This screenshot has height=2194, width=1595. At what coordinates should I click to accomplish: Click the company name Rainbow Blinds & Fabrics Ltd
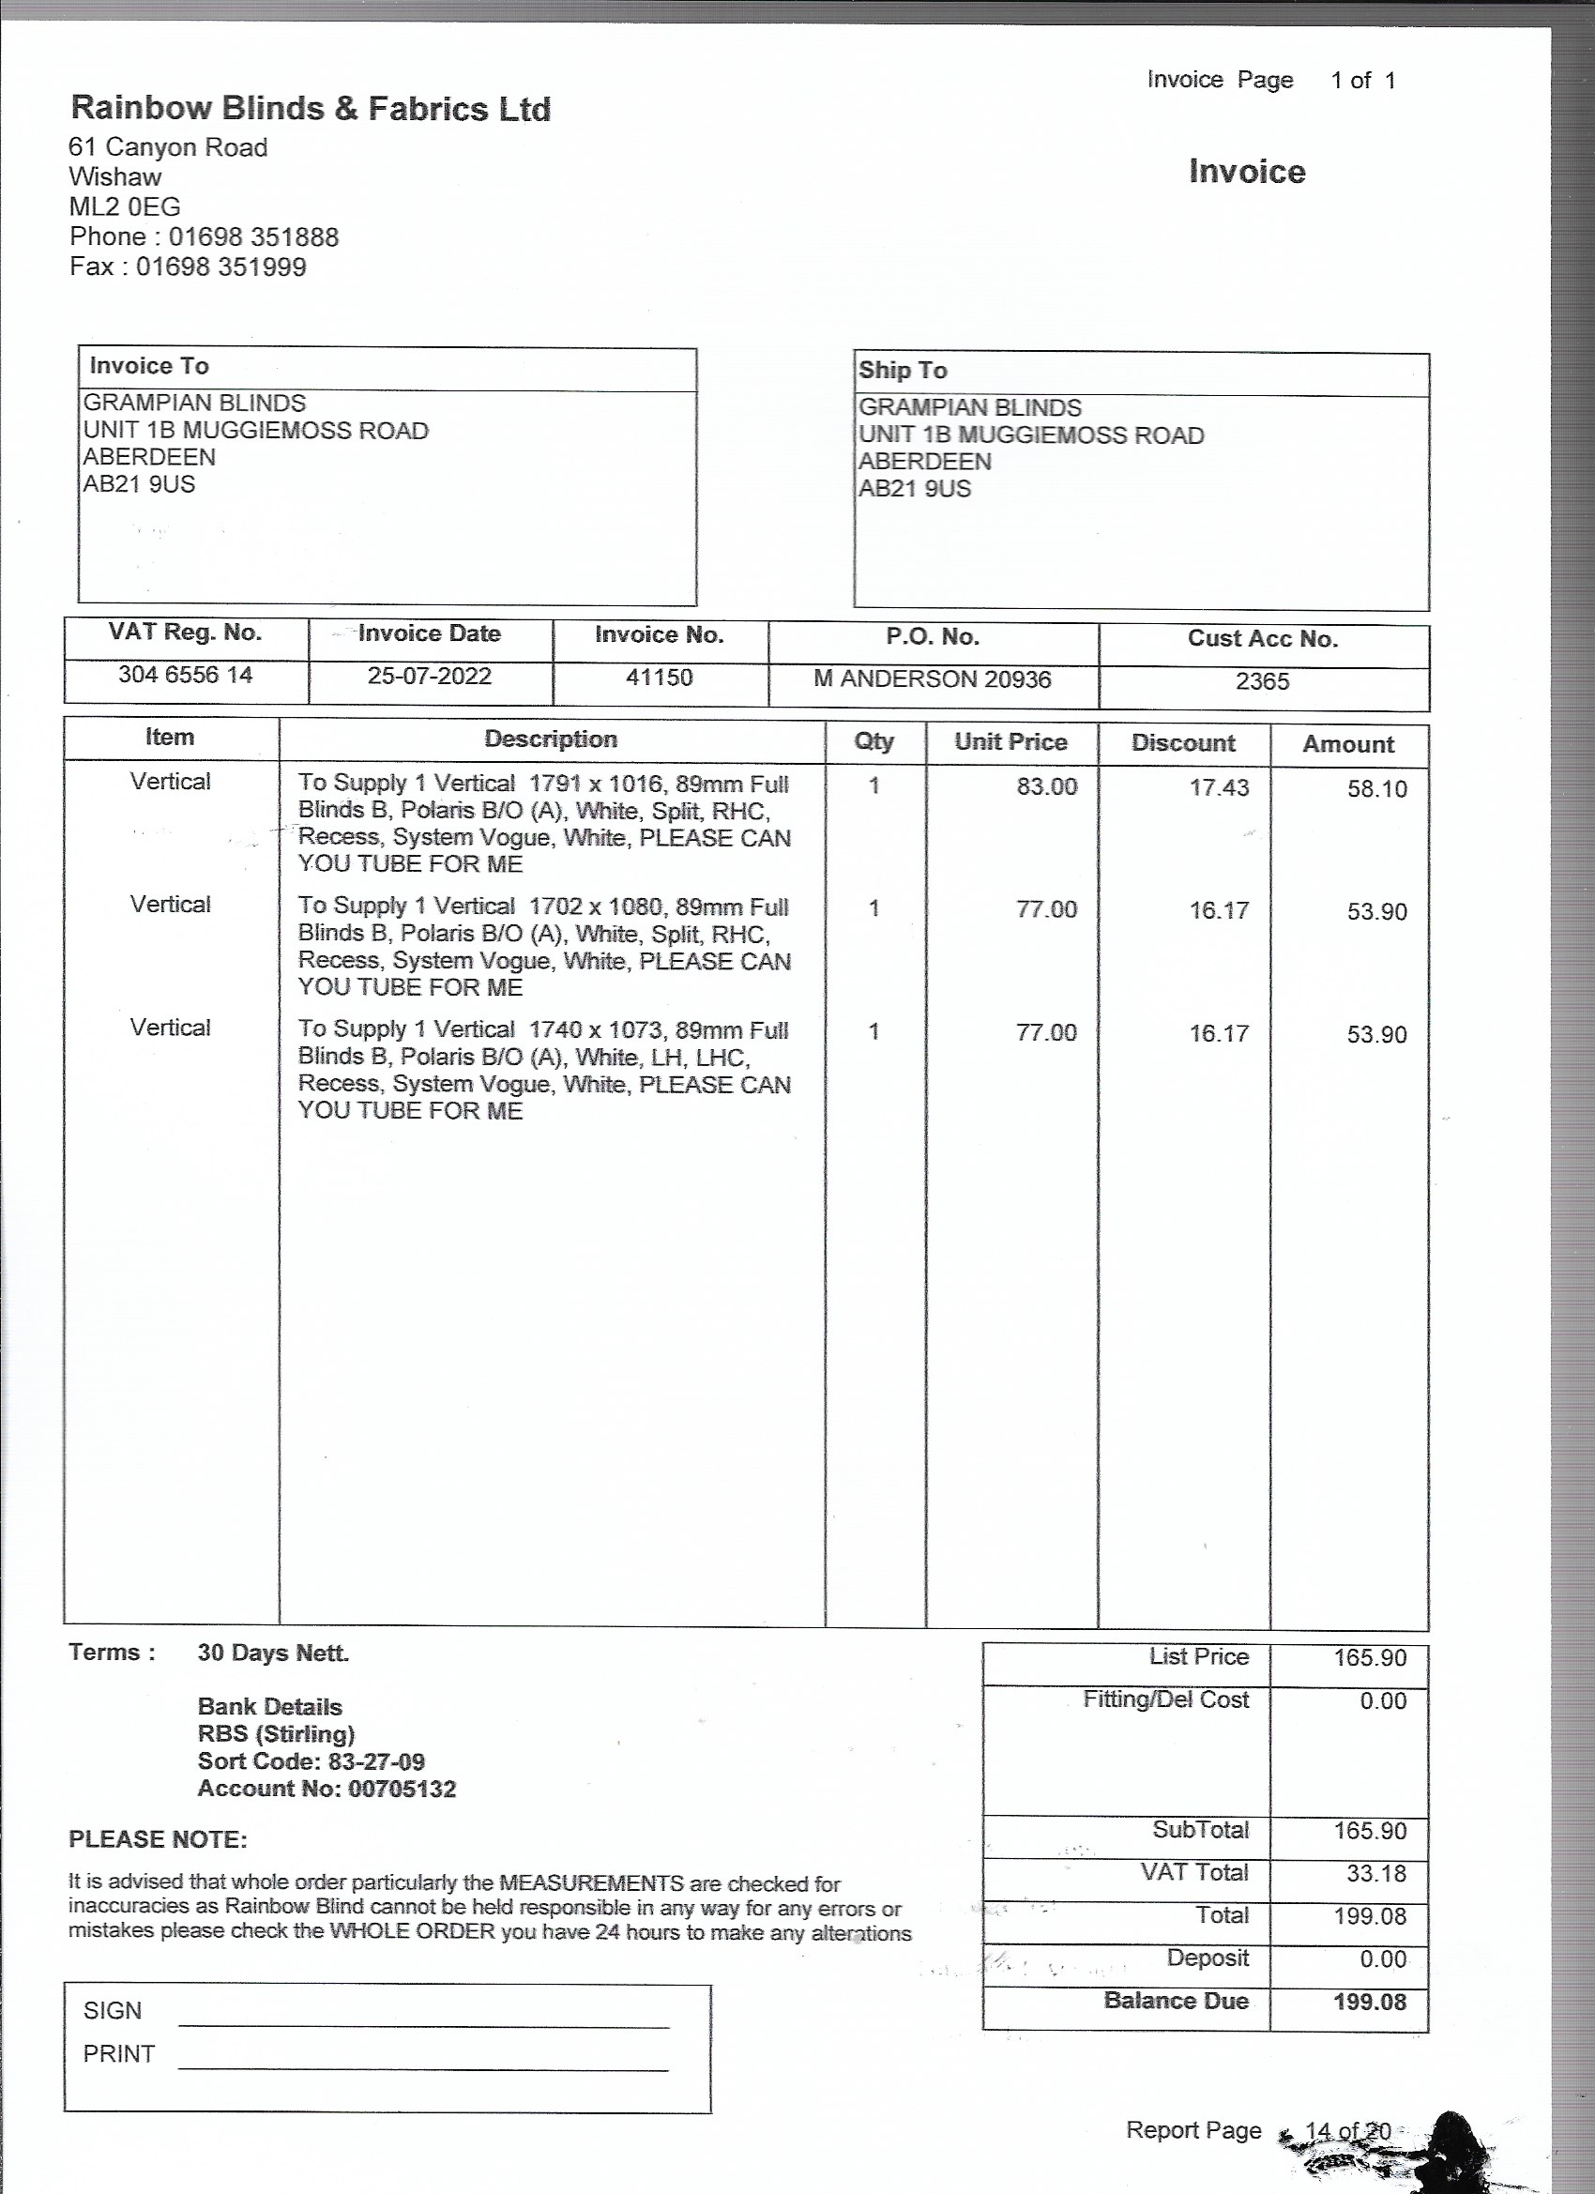(311, 108)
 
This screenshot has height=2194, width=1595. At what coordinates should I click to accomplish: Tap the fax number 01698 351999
(220, 267)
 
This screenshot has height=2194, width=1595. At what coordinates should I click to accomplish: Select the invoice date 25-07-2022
(430, 676)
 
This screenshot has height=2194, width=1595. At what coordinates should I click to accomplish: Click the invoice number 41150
(659, 678)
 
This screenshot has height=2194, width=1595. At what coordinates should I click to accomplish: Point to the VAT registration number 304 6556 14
(186, 675)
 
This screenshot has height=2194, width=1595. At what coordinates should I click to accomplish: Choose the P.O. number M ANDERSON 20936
(932, 679)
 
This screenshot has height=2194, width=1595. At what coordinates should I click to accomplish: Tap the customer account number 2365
(1262, 681)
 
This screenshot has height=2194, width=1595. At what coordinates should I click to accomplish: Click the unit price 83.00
(1046, 786)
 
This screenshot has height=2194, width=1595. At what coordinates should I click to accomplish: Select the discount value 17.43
(1219, 787)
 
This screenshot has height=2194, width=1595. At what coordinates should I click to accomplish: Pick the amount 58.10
(1376, 788)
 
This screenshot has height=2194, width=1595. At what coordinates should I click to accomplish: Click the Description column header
(551, 739)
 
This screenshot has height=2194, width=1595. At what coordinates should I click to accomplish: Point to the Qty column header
(873, 741)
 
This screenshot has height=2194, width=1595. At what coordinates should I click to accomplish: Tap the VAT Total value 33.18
(1376, 1873)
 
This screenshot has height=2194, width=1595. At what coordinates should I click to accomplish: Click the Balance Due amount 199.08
(1370, 2002)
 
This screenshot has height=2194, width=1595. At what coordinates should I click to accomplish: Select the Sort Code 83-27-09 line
(311, 1760)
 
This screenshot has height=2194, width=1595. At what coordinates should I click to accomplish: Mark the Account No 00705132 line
(326, 1788)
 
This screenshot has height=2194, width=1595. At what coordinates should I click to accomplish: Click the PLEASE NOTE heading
(158, 1839)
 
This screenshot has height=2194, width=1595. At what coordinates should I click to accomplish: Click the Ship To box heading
(903, 370)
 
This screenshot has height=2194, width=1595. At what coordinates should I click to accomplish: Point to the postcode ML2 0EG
(125, 207)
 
